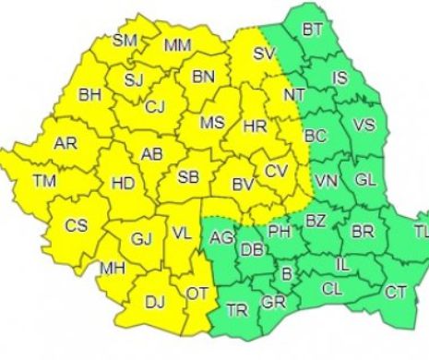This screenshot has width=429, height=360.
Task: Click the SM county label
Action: click(x=125, y=40)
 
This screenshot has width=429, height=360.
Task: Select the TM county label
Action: click(x=43, y=182)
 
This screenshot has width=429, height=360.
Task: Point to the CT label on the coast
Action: click(x=396, y=293)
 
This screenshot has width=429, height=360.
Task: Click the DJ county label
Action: click(x=154, y=300)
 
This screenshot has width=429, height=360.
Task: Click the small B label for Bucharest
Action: click(x=286, y=272)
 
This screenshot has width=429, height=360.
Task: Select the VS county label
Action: click(x=364, y=125)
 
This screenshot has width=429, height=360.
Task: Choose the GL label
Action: click(x=364, y=178)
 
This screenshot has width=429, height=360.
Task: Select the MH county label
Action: click(x=113, y=270)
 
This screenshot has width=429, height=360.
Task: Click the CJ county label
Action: click(x=155, y=107)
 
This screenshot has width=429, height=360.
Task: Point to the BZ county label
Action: click(x=316, y=221)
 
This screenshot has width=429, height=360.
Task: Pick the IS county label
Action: click(x=340, y=78)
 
